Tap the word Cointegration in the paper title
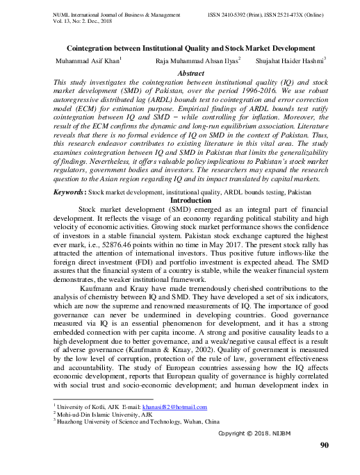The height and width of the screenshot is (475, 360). (95, 49)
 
